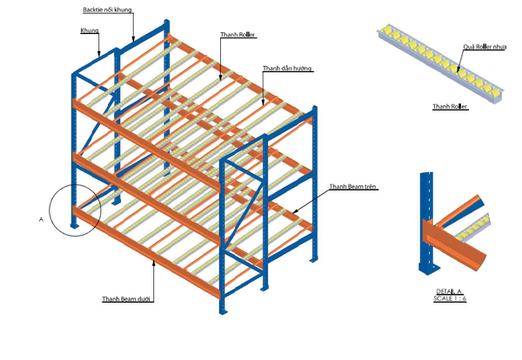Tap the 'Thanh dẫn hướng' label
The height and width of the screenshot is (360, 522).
287,68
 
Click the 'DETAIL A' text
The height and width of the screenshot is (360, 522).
450,290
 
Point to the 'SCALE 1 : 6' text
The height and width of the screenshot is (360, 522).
450,298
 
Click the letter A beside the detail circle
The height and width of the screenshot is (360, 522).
41,220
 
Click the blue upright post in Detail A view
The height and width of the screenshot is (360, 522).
426,222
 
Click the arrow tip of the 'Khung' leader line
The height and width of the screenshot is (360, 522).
101,57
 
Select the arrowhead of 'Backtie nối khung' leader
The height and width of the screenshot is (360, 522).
134,42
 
